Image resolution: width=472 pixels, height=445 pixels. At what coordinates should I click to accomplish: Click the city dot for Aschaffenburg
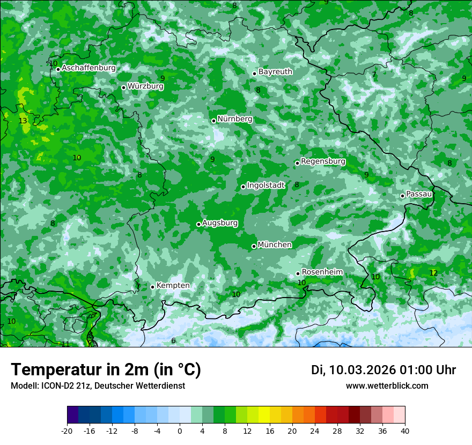(x=58, y=69)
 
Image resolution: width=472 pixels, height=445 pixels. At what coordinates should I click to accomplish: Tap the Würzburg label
(x=145, y=86)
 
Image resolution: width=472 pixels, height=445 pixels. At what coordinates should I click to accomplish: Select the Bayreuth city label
(x=275, y=72)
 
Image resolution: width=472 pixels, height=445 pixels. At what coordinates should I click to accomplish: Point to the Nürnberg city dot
(x=213, y=121)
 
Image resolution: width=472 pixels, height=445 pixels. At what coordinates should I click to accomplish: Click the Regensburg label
(x=323, y=161)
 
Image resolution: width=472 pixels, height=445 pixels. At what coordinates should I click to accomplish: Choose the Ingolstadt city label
(x=265, y=186)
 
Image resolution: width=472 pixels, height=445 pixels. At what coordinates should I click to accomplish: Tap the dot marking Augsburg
(x=198, y=224)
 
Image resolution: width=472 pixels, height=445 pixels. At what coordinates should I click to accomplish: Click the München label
(x=275, y=245)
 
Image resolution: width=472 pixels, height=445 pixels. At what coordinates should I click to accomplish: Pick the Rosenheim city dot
(x=298, y=273)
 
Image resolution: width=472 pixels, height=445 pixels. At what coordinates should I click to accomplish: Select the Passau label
(x=419, y=194)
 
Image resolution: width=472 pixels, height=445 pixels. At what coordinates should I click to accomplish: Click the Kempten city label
(x=173, y=286)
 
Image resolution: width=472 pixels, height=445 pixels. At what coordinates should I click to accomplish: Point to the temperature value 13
(x=23, y=121)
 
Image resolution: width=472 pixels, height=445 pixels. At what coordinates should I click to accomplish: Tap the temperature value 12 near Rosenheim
(x=433, y=273)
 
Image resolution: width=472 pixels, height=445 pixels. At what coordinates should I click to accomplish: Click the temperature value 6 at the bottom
(x=173, y=341)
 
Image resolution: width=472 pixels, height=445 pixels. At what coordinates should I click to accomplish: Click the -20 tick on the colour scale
(x=67, y=431)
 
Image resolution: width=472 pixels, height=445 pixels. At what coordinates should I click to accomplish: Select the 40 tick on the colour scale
(x=405, y=431)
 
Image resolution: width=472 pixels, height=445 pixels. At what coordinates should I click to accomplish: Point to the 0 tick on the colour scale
(x=180, y=431)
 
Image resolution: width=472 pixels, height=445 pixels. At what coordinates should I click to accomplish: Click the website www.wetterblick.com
(x=387, y=386)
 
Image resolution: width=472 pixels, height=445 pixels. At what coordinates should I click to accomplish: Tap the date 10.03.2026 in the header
(x=362, y=370)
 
